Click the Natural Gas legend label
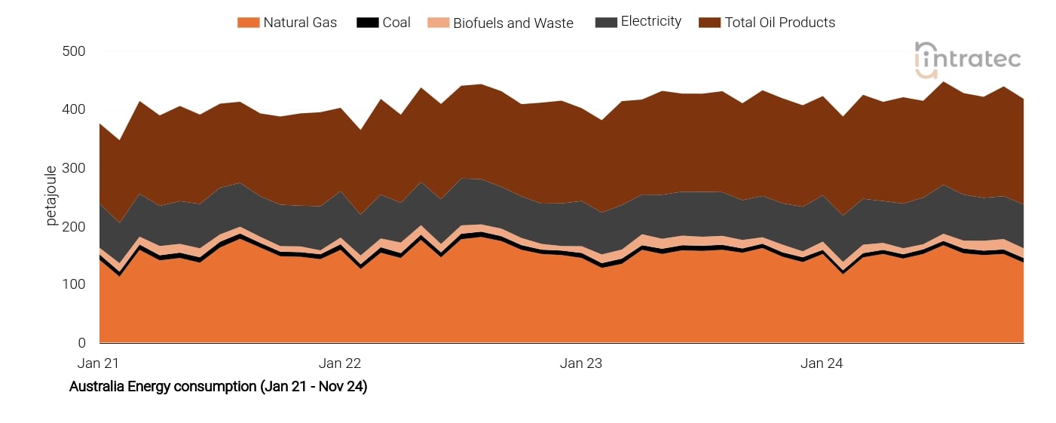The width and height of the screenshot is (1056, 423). (299, 23)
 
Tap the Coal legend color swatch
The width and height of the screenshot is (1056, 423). (367, 23)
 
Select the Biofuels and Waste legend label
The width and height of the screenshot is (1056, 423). (513, 23)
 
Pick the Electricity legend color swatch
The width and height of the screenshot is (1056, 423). (606, 23)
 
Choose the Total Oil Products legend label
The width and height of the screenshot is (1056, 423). (779, 23)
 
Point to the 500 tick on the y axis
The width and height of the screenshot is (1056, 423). (75, 51)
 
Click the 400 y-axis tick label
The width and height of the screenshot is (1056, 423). (75, 109)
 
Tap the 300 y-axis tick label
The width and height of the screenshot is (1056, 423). (75, 168)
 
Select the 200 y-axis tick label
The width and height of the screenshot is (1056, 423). (75, 226)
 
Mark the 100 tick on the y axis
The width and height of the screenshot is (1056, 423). (75, 284)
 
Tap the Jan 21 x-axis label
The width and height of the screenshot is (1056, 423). (99, 363)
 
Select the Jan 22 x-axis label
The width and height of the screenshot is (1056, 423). (340, 363)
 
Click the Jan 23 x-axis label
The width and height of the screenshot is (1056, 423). (581, 363)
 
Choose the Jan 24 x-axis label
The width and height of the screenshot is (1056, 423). (822, 363)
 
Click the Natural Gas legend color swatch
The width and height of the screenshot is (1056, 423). (248, 23)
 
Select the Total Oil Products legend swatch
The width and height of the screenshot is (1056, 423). (710, 23)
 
